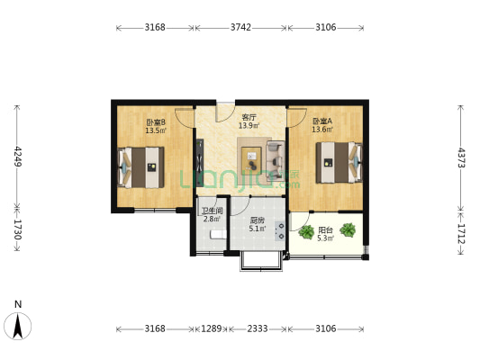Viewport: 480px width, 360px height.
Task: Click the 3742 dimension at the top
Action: pyautogui.click(x=240, y=28)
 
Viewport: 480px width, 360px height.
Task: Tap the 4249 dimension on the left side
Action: pyautogui.click(x=18, y=157)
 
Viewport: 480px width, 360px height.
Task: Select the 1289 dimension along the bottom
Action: pyautogui.click(x=212, y=328)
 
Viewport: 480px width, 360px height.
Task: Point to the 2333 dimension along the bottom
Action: pyautogui.click(x=258, y=328)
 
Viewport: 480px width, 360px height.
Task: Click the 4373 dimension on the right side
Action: pyautogui.click(x=461, y=157)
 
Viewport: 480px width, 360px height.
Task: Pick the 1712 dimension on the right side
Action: pyautogui.click(x=461, y=234)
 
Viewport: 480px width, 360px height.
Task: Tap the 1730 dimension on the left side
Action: pyautogui.click(x=18, y=229)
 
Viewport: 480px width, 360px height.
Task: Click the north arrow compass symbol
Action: pyautogui.click(x=18, y=326)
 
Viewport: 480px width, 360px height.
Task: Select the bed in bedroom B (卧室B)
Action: pyautogui.click(x=140, y=167)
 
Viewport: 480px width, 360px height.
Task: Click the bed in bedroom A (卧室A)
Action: pyautogui.click(x=340, y=162)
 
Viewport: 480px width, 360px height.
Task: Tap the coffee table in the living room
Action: pyautogui.click(x=251, y=157)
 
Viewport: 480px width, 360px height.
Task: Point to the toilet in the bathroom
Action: pyautogui.click(x=218, y=235)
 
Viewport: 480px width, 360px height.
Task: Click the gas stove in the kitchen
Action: pyautogui.click(x=280, y=231)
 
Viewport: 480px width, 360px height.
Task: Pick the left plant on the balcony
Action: pyautogui.click(x=306, y=232)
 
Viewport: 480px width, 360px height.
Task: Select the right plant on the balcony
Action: pyautogui.click(x=348, y=230)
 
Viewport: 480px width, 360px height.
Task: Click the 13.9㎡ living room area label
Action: pyautogui.click(x=249, y=125)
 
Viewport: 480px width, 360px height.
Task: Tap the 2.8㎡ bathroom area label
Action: pyautogui.click(x=212, y=219)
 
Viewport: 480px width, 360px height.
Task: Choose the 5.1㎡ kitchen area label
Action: pyautogui.click(x=258, y=229)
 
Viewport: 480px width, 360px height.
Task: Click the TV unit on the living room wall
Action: pyautogui.click(x=200, y=162)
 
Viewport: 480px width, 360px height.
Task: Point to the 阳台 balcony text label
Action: pyautogui.click(x=325, y=230)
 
